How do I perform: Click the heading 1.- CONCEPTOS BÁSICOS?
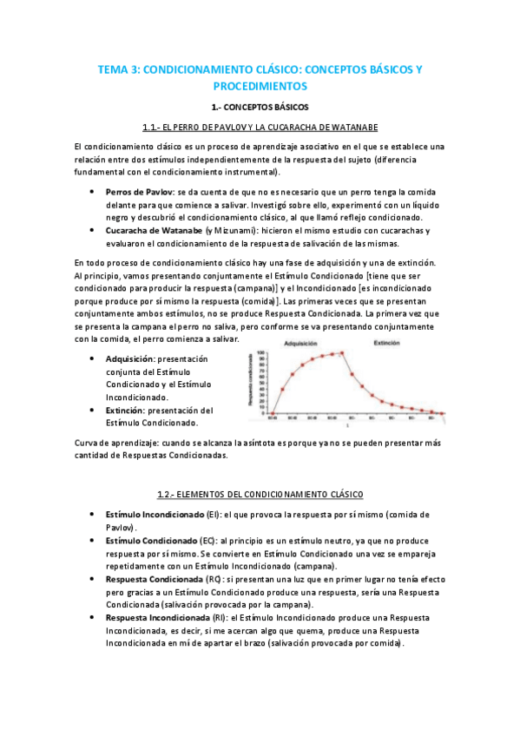coord(260,108)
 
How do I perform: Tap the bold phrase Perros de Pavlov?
coord(140,191)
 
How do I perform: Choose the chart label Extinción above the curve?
coord(385,344)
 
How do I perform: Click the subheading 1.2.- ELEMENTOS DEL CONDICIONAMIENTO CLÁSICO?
coord(260,494)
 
